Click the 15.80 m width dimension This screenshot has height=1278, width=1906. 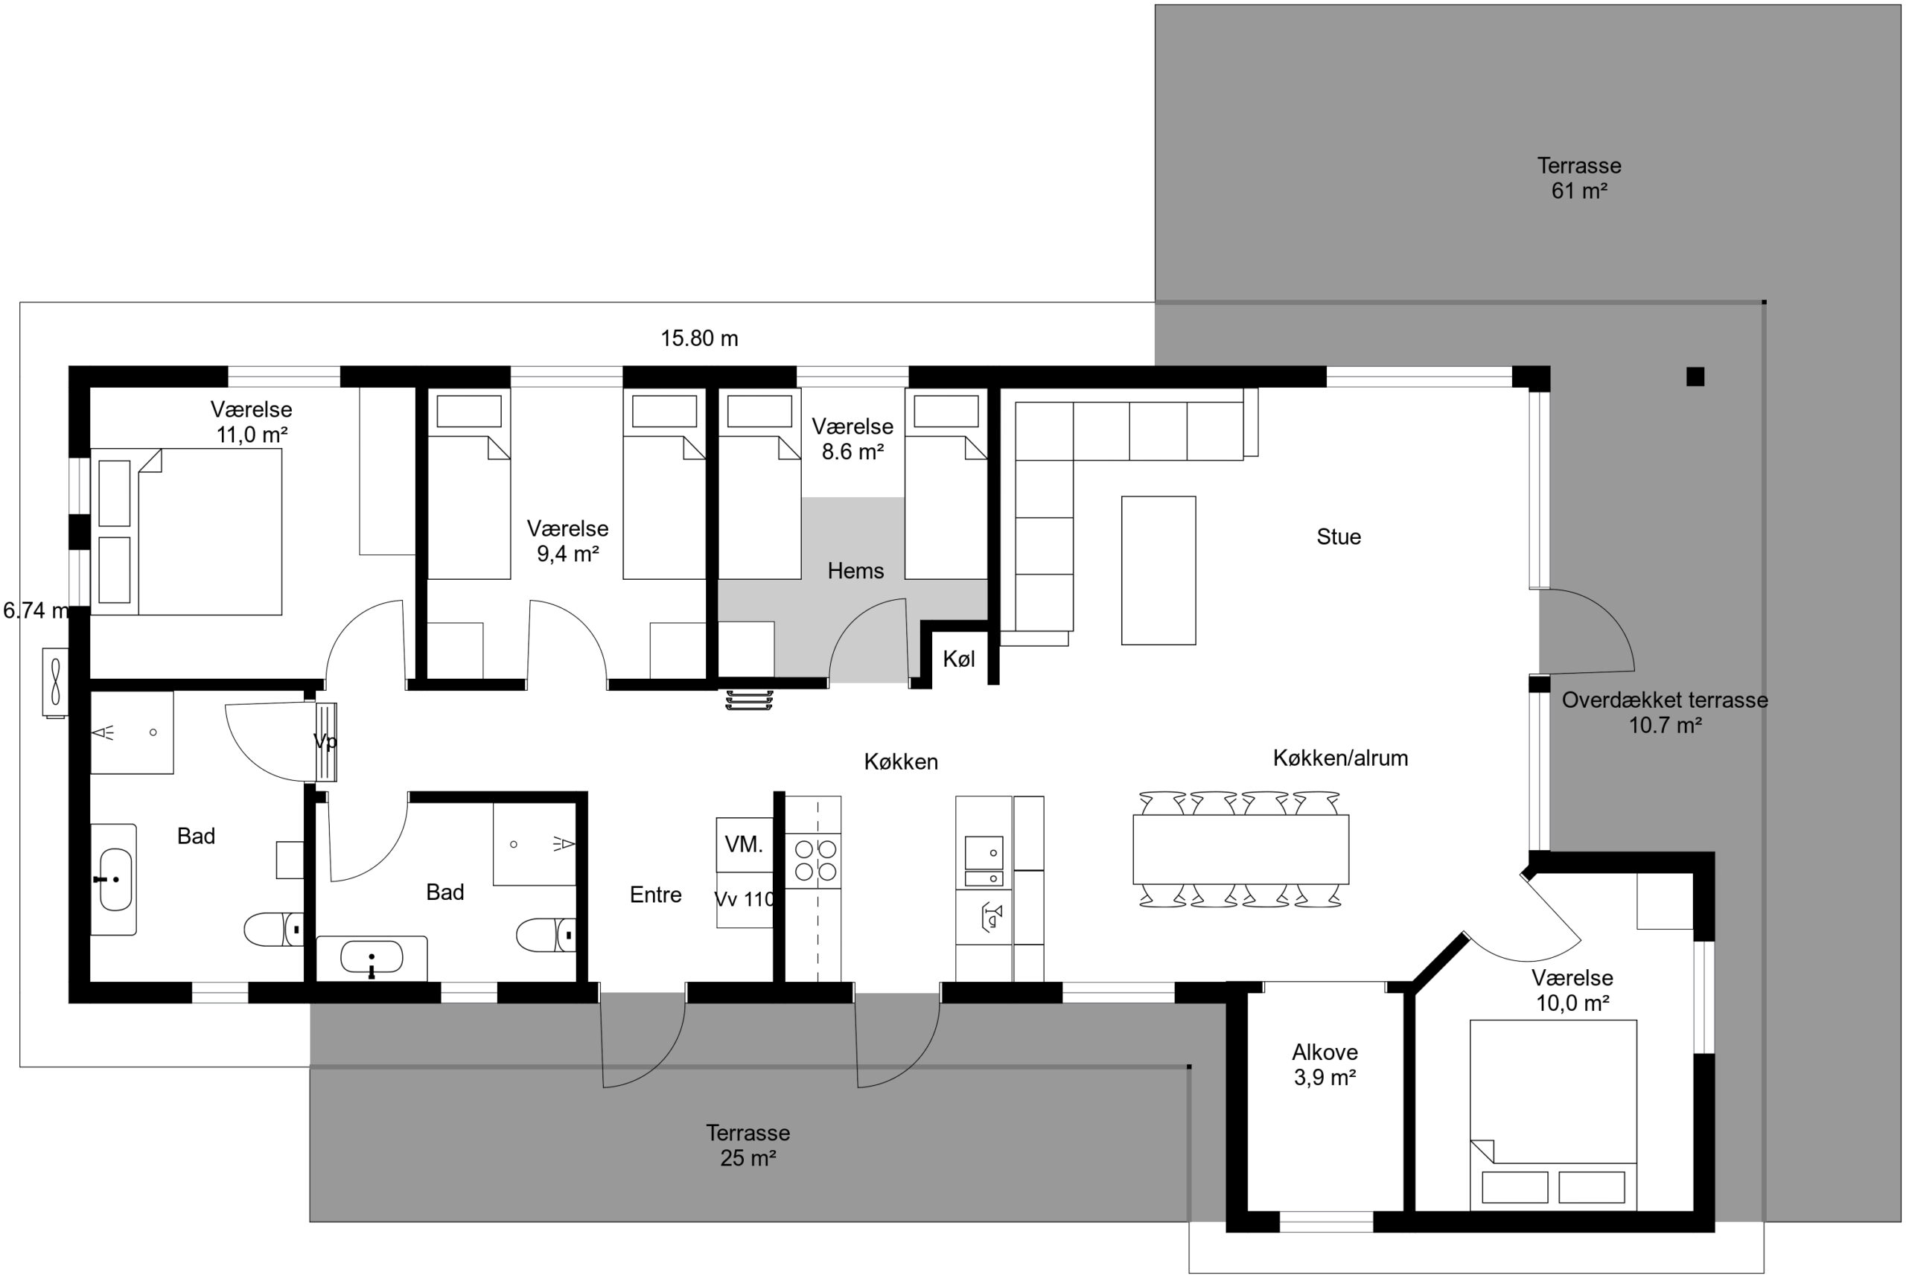[x=699, y=338]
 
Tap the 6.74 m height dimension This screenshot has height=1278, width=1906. [x=36, y=610]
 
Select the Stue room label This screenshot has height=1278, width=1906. [x=1339, y=537]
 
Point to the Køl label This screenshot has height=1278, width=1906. [x=959, y=659]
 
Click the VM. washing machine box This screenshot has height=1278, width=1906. [x=745, y=844]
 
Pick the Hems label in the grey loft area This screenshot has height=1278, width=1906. [x=855, y=571]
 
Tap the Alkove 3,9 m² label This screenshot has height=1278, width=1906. [x=1325, y=1064]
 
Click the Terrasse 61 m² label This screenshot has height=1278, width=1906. [x=1579, y=178]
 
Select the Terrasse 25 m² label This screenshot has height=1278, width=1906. [x=748, y=1146]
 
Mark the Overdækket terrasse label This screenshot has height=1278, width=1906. [x=1665, y=700]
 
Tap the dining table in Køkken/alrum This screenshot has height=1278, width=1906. [x=1241, y=849]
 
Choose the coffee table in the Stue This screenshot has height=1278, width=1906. [x=1158, y=571]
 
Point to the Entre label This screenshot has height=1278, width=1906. [x=655, y=895]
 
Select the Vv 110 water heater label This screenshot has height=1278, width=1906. [x=745, y=899]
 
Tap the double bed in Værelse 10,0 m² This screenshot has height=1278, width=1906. [x=1553, y=1115]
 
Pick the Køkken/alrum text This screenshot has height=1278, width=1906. [x=1340, y=758]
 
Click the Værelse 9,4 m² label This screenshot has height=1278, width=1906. [x=567, y=541]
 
